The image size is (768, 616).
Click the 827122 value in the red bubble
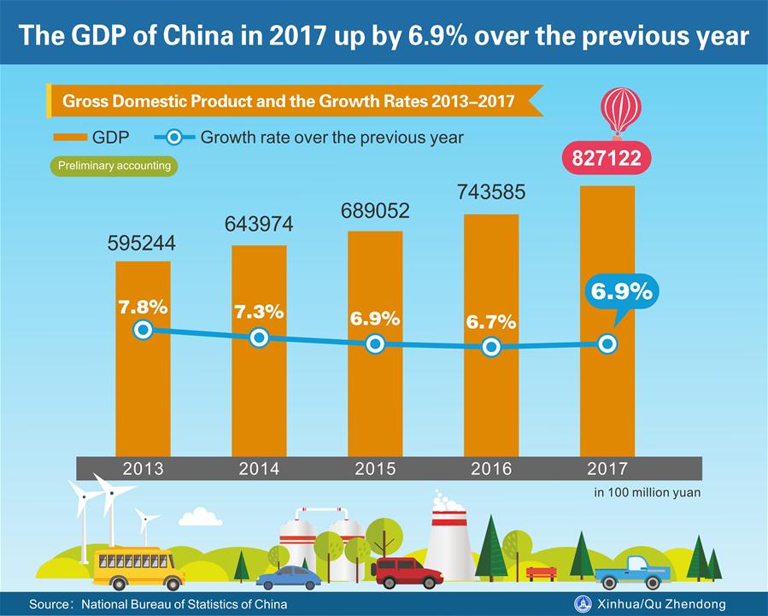point(608,158)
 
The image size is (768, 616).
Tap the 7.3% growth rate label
point(259,312)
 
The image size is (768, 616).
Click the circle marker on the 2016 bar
point(491,347)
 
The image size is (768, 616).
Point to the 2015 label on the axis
point(375,469)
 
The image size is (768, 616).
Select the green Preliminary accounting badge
point(114,165)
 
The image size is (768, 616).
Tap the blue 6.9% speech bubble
point(621,291)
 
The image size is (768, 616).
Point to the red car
point(407,572)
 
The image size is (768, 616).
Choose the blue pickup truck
point(631,572)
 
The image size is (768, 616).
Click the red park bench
point(541,572)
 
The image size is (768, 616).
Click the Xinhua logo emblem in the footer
point(585,603)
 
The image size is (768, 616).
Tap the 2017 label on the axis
point(607,469)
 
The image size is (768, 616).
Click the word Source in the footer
point(48,604)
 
